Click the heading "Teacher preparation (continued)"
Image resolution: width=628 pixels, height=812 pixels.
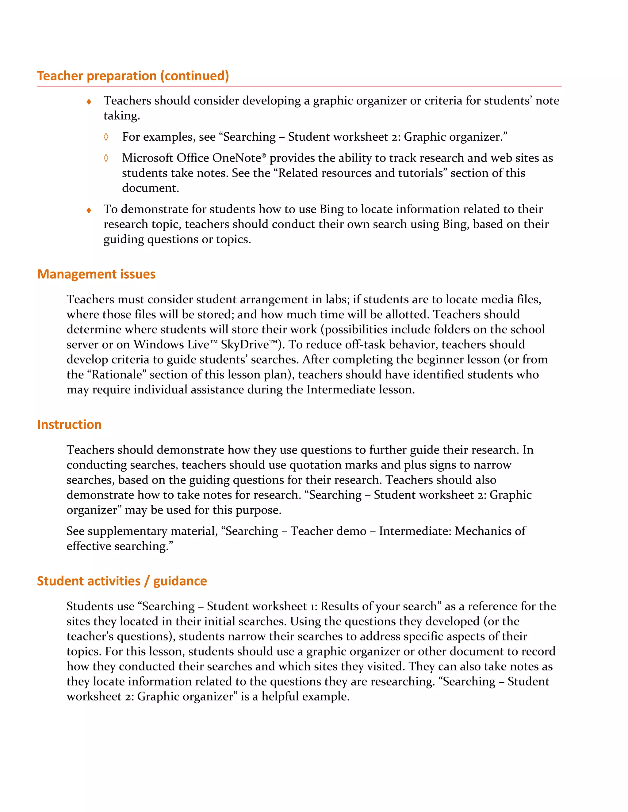point(133,76)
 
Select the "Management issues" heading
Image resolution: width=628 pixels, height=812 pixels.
point(96,274)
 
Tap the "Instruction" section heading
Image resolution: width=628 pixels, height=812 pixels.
point(69,425)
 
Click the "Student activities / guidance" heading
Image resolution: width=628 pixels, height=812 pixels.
point(122,581)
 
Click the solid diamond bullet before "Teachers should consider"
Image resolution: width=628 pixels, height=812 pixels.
point(89,101)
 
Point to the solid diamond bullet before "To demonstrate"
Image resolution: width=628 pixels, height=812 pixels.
point(89,210)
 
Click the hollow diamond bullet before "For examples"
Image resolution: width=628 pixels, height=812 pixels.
point(106,137)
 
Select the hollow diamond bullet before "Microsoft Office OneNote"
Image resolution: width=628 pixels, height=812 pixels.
point(106,158)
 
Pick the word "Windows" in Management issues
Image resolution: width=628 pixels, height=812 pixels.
point(159,345)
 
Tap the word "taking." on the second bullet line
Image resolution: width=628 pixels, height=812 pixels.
point(122,116)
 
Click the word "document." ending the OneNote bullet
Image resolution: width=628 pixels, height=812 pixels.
point(150,188)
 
